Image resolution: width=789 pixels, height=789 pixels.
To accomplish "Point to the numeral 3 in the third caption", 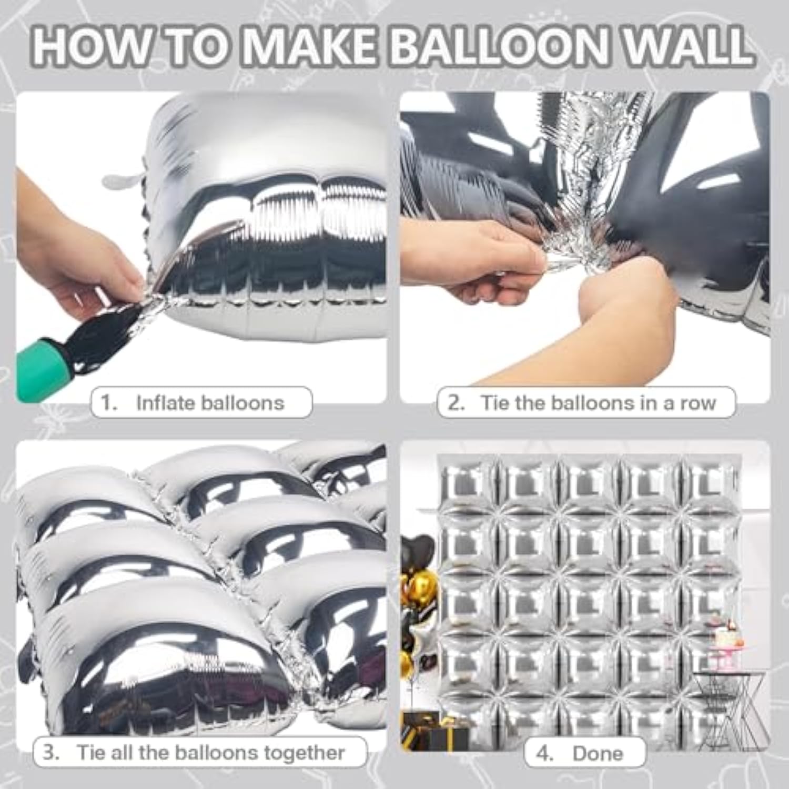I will tap(50, 752).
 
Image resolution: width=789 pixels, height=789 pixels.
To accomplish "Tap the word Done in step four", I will tap(598, 753).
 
